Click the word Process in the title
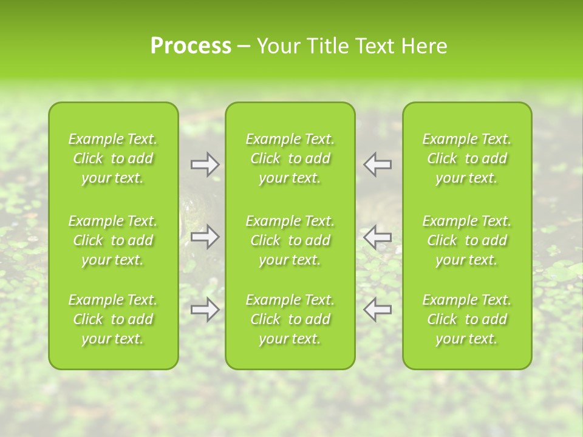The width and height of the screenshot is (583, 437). (191, 46)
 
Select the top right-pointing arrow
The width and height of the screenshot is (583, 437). (205, 164)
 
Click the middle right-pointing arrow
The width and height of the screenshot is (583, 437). (205, 237)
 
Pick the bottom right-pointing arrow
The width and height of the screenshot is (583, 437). (205, 310)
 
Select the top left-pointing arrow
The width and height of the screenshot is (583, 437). (378, 164)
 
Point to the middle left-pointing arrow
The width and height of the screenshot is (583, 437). (378, 237)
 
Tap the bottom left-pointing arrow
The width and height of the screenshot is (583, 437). (378, 310)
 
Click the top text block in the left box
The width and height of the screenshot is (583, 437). (113, 158)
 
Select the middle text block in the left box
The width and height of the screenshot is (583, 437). (113, 240)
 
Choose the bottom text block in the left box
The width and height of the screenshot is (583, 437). (113, 319)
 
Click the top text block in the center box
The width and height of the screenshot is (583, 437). (290, 158)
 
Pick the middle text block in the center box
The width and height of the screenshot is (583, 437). (290, 240)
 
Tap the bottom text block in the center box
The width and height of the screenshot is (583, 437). (290, 319)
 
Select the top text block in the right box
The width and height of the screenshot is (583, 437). (467, 158)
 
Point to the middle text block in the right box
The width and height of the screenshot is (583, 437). (467, 240)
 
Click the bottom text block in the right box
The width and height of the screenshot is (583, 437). (467, 319)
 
